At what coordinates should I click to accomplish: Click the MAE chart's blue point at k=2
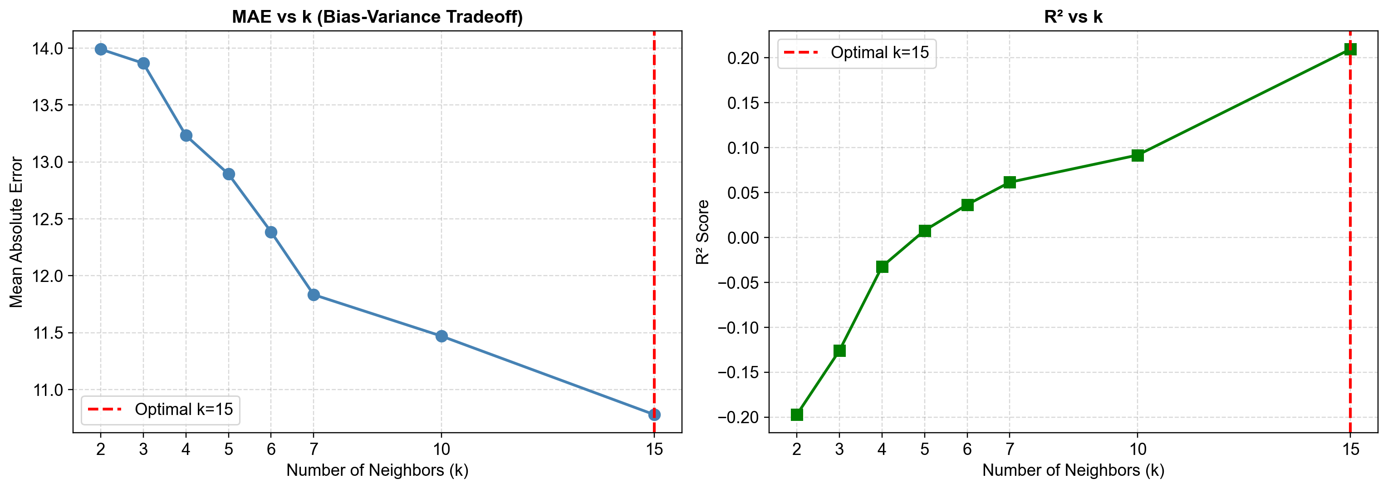click(x=101, y=49)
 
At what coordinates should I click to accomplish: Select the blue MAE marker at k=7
click(x=314, y=295)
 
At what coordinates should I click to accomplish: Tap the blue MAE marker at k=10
click(x=441, y=336)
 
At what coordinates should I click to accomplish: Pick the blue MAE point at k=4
click(x=186, y=135)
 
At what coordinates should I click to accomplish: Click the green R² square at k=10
click(x=1138, y=155)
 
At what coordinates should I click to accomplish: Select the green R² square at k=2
click(x=797, y=414)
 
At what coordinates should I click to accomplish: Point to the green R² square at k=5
click(x=925, y=231)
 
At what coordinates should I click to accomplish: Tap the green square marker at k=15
click(x=1350, y=49)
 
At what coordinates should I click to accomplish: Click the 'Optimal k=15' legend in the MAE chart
click(x=161, y=410)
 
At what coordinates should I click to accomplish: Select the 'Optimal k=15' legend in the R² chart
click(x=857, y=53)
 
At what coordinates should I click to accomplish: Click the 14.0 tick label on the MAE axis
click(x=47, y=49)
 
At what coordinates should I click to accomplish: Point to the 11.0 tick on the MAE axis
click(x=47, y=390)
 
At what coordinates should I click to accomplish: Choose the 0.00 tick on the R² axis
click(x=743, y=238)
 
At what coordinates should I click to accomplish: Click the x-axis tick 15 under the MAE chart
click(x=654, y=449)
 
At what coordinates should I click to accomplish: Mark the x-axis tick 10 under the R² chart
click(x=1138, y=449)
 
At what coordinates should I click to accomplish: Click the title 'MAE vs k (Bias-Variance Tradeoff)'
click(x=377, y=17)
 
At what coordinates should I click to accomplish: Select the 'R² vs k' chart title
click(x=1074, y=17)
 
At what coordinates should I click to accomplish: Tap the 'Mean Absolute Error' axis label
click(x=16, y=232)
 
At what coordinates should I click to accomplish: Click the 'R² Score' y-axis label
click(x=702, y=232)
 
